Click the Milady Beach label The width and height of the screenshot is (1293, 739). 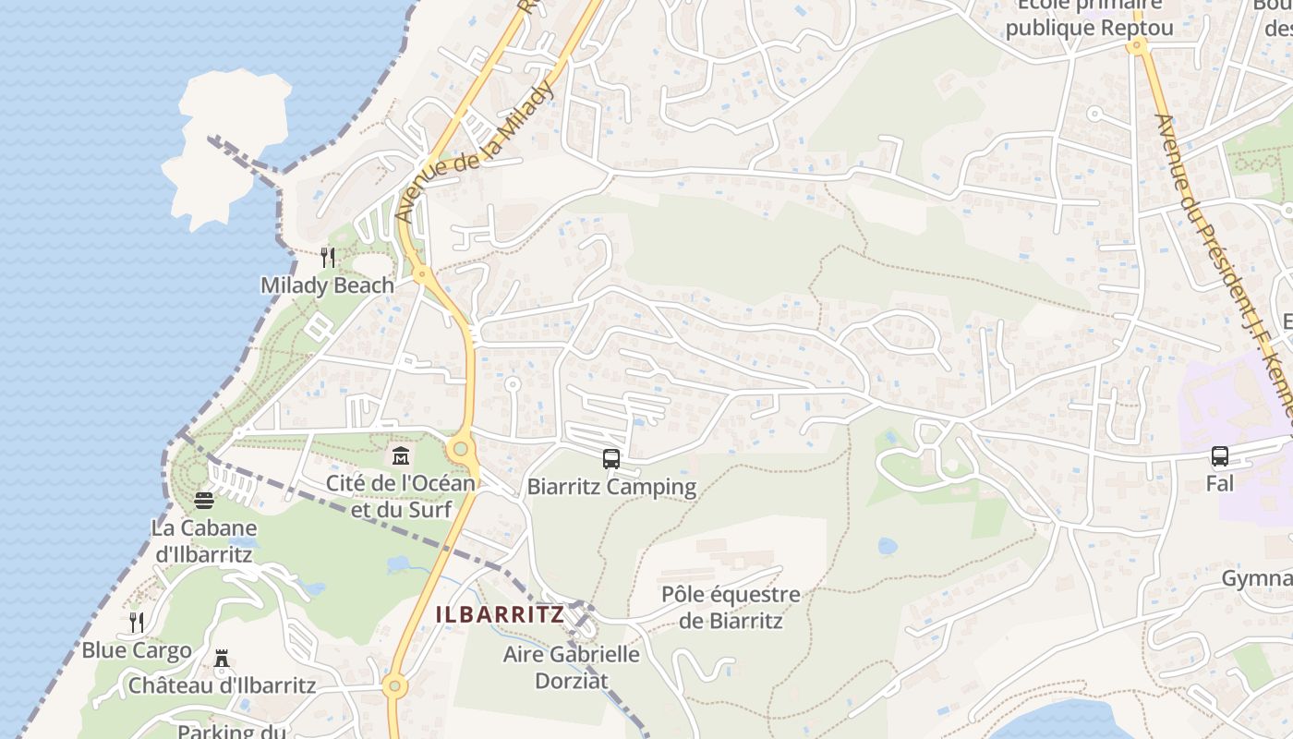click(x=327, y=285)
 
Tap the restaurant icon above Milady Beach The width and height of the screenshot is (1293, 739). click(x=327, y=257)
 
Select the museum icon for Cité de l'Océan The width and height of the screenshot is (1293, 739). click(x=401, y=455)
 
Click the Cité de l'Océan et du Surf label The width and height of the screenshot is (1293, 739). click(x=401, y=496)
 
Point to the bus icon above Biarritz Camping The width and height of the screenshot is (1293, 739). click(x=610, y=458)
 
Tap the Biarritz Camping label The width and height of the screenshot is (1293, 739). click(x=611, y=487)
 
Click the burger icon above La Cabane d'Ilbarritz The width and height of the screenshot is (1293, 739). click(x=204, y=500)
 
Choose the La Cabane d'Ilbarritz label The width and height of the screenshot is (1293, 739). click(x=205, y=541)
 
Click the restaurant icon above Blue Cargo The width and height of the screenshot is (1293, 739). click(x=137, y=622)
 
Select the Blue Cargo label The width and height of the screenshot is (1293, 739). click(x=137, y=650)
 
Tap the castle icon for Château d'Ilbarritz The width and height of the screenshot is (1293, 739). click(x=222, y=659)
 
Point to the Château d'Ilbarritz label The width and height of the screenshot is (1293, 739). click(x=222, y=686)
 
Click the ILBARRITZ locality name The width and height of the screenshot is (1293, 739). click(x=500, y=614)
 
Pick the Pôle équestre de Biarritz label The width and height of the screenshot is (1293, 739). click(x=731, y=607)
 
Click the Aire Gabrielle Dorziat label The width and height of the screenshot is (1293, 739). click(x=571, y=667)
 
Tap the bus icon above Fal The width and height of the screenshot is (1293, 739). click(x=1220, y=455)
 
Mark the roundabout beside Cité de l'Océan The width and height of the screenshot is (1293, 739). click(x=461, y=449)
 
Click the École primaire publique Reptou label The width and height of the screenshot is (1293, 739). click(x=1089, y=18)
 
